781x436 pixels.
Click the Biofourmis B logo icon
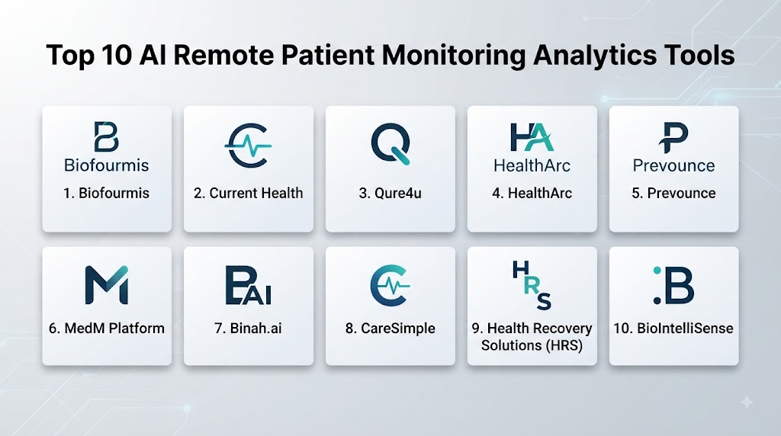[107, 137]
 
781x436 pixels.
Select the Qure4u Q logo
[391, 144]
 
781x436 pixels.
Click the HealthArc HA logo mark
[532, 137]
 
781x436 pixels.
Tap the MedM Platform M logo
[107, 284]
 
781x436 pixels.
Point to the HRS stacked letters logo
[532, 285]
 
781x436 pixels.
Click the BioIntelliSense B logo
[673, 285]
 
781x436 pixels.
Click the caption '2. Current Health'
[248, 193]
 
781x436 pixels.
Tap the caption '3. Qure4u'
[390, 193]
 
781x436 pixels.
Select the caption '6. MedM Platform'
[107, 329]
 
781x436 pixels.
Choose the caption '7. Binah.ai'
[248, 329]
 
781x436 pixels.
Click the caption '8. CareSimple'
[390, 329]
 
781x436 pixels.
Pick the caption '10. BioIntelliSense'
[673, 329]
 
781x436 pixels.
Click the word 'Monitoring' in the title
[454, 56]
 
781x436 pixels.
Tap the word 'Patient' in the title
[327, 55]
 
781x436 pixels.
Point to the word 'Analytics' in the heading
[594, 56]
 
